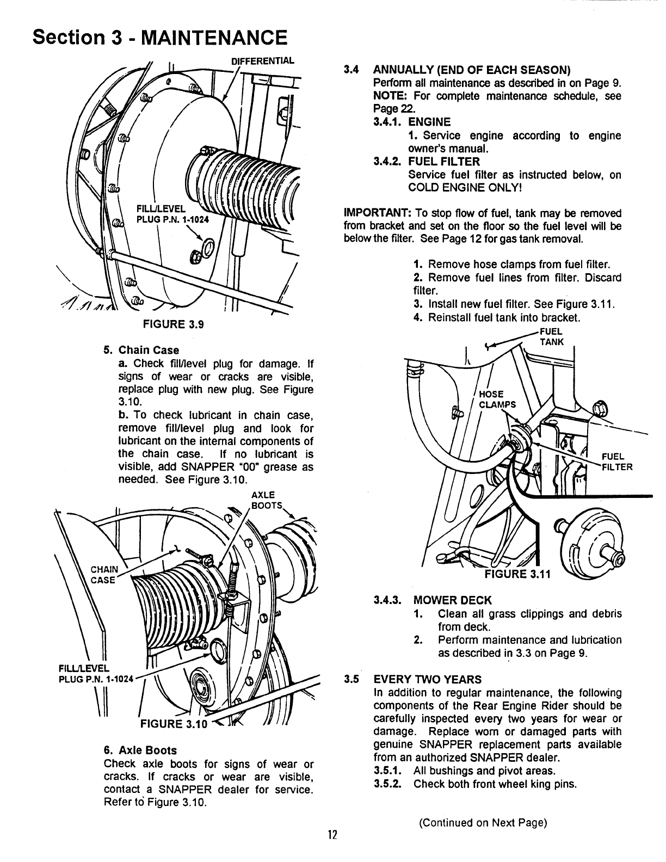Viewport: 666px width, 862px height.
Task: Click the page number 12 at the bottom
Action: [x=333, y=835]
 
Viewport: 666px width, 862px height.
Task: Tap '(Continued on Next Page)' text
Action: [x=482, y=822]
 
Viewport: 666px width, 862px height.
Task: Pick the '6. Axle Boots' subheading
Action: [x=140, y=750]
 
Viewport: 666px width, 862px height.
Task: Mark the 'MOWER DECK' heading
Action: [x=452, y=600]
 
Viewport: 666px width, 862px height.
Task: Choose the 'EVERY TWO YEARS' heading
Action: [x=428, y=680]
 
